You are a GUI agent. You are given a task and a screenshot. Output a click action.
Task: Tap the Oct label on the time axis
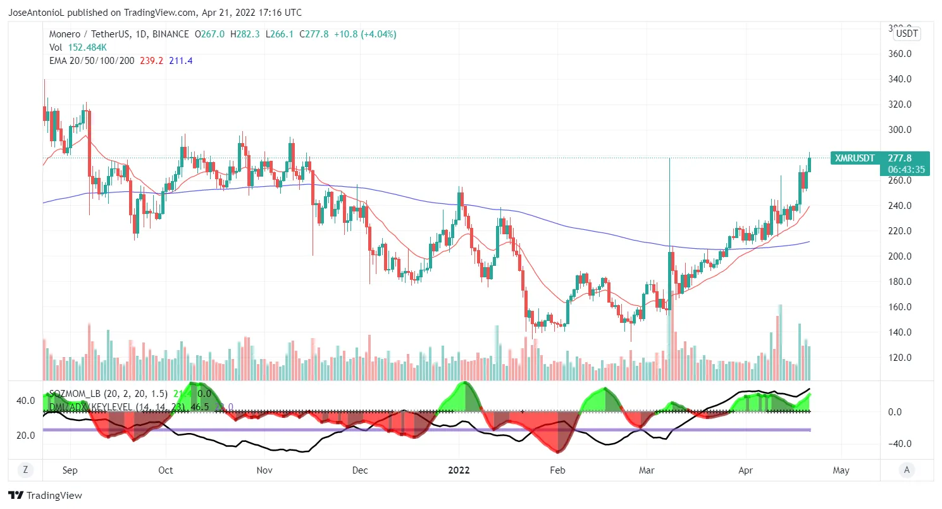coord(166,470)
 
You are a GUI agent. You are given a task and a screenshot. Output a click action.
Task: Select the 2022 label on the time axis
coord(459,470)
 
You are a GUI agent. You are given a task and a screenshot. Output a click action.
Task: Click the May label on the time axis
coord(841,470)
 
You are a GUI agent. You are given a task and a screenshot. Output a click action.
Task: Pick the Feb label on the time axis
coord(557,470)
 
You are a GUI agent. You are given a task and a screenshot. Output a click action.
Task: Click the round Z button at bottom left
coord(25,470)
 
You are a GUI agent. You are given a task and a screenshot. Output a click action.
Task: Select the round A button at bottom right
coord(907,470)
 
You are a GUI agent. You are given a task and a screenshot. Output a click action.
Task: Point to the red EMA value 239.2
coord(152,61)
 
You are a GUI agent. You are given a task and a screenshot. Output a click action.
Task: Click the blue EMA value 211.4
coord(181,61)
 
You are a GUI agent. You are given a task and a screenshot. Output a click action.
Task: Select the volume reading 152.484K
coord(89,47)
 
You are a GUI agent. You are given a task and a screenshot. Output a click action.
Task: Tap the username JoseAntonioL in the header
coord(37,13)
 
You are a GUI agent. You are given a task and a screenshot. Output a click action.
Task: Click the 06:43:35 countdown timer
coord(906,170)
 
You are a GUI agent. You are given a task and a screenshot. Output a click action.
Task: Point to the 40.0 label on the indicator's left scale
coord(25,401)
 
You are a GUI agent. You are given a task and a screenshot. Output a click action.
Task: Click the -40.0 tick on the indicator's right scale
coord(899,443)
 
